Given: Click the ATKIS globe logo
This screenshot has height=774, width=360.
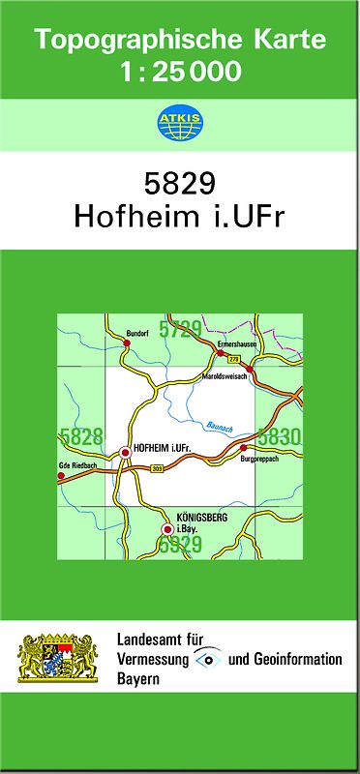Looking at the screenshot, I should tap(179, 122).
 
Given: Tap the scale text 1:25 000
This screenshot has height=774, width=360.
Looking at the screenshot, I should tap(181, 71).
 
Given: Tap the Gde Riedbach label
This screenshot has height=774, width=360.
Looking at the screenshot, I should tap(77, 465).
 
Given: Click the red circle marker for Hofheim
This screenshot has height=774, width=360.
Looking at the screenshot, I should tap(124, 451).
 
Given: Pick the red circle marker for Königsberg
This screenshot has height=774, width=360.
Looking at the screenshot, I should tap(167, 529).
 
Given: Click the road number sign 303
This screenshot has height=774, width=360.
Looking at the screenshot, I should tap(157, 469).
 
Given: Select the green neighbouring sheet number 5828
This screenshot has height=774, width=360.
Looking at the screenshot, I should tap(81, 436).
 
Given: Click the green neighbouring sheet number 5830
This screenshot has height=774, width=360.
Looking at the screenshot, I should tap(282, 436).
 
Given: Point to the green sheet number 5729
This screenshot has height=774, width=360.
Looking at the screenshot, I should tap(181, 329).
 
